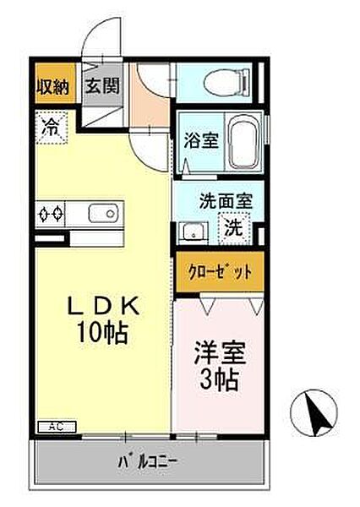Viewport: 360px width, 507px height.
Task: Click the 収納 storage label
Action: click(x=52, y=86)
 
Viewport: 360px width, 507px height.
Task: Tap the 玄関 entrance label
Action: click(x=102, y=85)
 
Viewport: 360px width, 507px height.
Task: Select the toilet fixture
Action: click(x=227, y=81)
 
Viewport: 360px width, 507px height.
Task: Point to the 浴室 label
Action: click(x=201, y=140)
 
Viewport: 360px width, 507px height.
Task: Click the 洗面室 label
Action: click(x=226, y=201)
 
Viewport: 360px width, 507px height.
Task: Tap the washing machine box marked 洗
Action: click(x=234, y=228)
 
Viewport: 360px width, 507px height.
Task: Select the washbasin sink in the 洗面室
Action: click(x=193, y=232)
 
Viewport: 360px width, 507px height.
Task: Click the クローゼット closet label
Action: click(x=220, y=272)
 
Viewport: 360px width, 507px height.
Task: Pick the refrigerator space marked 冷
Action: click(x=52, y=128)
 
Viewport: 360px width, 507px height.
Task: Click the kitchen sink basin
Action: click(x=102, y=213)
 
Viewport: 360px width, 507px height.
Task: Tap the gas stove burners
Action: click(x=50, y=214)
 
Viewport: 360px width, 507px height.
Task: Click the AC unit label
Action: click(x=57, y=427)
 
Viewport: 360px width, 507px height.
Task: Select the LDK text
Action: click(x=103, y=305)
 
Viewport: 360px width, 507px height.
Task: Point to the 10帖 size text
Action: click(x=101, y=333)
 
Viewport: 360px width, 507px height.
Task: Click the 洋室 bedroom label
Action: click(x=220, y=353)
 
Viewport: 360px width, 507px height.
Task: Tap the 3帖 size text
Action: click(x=220, y=379)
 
